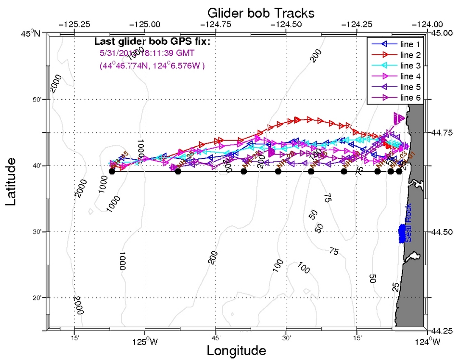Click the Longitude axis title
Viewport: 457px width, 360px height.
pyautogui.click(x=236, y=350)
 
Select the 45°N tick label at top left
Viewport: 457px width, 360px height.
pyautogui.click(x=32, y=33)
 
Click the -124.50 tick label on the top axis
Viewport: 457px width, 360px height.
pyautogui.click(x=286, y=24)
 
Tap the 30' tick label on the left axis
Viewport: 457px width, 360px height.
pyautogui.click(x=38, y=232)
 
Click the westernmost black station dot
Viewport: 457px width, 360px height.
pyautogui.click(x=112, y=171)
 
